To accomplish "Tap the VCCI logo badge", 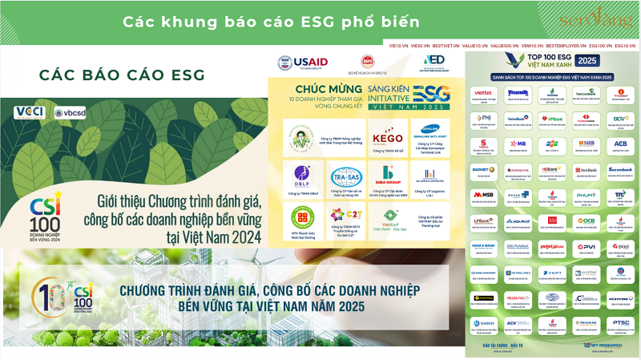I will (x=30, y=111).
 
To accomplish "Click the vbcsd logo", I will (x=70, y=112).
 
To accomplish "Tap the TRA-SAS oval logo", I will (x=345, y=176).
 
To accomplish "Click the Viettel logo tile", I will (x=483, y=94).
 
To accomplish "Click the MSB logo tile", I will (x=483, y=195).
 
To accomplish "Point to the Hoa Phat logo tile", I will (x=518, y=220).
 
